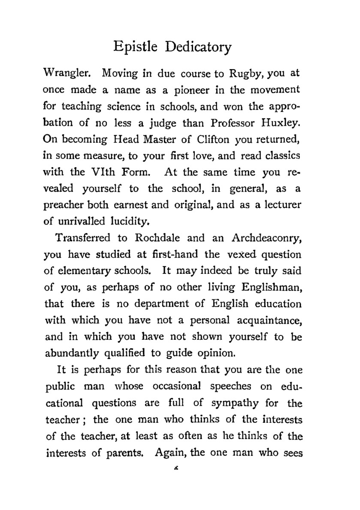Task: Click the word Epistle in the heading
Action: (135, 47)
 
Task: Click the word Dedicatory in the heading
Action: (198, 47)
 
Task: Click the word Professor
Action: (233, 123)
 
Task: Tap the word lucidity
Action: (129, 222)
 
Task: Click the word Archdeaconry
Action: (266, 238)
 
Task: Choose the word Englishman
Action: (271, 287)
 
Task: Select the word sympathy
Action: (235, 403)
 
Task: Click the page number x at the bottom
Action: (176, 468)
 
